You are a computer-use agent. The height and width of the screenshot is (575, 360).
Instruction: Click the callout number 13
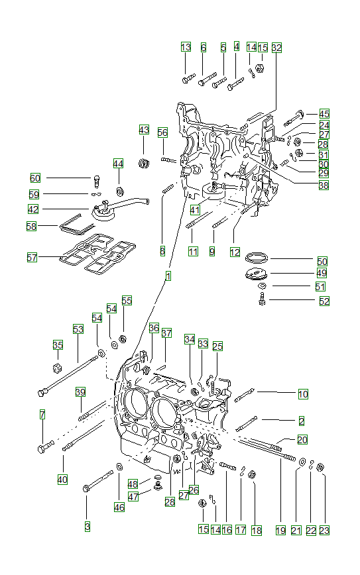[x=186, y=47]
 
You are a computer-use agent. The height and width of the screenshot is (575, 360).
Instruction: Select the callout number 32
[x=276, y=48]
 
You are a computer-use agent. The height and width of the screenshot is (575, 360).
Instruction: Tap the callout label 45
[x=324, y=113]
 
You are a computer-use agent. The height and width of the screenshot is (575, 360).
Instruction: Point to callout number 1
[x=168, y=276]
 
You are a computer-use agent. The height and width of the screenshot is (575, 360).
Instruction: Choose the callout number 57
[x=32, y=257]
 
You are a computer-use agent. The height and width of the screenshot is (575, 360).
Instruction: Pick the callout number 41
[x=194, y=209]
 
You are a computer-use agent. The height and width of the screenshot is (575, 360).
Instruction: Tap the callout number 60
[x=35, y=178]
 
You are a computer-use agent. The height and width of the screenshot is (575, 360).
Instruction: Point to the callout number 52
[x=324, y=301]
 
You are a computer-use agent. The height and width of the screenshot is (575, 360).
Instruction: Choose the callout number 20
[x=302, y=440]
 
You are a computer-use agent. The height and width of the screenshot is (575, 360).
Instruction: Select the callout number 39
[x=80, y=392]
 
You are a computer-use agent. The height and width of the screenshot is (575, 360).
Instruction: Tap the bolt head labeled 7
[x=44, y=449]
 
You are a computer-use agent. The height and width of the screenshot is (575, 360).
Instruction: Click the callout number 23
[x=324, y=530]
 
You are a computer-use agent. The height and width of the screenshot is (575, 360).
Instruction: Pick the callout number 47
[x=133, y=496]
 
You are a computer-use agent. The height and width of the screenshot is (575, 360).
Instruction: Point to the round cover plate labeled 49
[x=257, y=274]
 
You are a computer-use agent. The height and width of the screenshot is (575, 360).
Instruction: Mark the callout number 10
[x=302, y=394]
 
